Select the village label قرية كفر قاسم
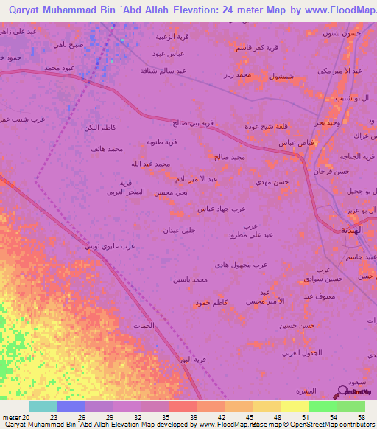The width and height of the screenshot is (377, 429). tap(267, 47)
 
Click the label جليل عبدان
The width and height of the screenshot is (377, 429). tap(179, 230)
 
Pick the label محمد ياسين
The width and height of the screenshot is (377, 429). tap(190, 279)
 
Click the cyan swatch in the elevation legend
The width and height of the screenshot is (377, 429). tap(43, 406)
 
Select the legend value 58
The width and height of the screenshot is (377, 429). tap(361, 418)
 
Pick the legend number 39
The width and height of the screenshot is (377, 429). tap(194, 418)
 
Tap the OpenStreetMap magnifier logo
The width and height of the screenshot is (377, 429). tap(341, 392)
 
